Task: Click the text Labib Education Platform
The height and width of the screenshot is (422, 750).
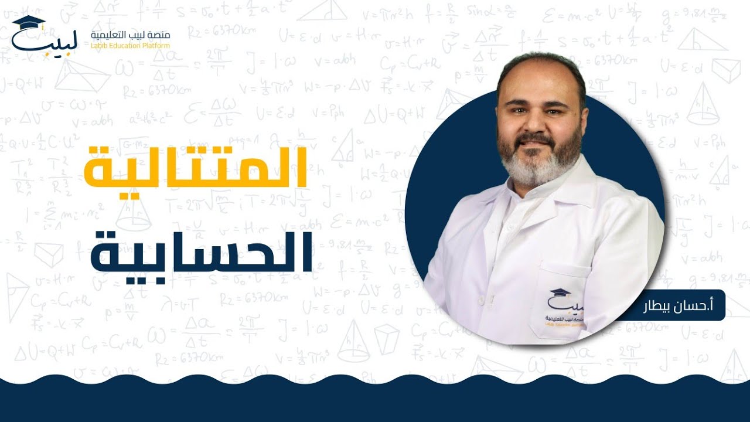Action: click(x=131, y=46)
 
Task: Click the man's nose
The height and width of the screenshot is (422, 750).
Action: click(x=537, y=124)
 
